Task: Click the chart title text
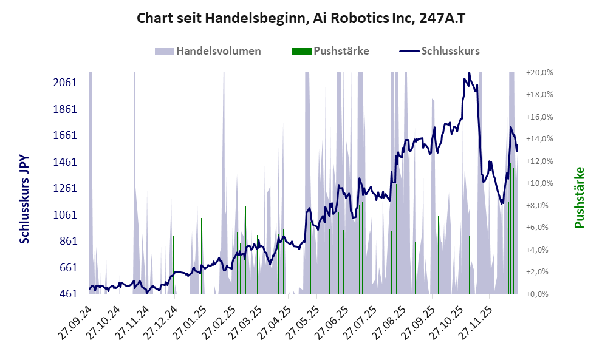301,18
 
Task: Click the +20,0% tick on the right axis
538,72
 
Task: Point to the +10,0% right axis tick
538,183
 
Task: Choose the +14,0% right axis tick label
538,139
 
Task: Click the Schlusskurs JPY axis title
24,199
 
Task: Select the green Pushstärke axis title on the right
579,198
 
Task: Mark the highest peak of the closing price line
468,73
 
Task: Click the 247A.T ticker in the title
442,18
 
